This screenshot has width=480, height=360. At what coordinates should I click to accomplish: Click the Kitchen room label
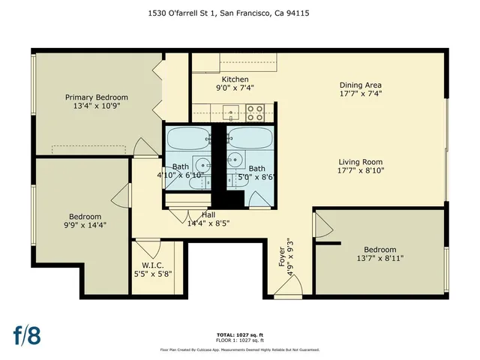[x=235, y=79]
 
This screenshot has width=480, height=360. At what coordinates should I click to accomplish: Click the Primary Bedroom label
[x=96, y=97]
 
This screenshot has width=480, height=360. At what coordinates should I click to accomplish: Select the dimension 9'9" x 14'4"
[x=85, y=223]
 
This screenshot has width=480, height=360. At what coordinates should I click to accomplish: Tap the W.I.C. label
[x=158, y=265]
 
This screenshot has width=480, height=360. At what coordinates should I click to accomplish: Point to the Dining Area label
[x=361, y=85]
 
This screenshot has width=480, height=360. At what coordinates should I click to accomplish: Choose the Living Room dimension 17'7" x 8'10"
[x=361, y=170]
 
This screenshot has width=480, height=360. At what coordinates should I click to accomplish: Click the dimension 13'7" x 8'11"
[x=380, y=259]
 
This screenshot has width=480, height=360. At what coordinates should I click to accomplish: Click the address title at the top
[x=240, y=13]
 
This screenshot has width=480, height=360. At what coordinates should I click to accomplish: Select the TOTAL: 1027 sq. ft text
[x=240, y=335]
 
